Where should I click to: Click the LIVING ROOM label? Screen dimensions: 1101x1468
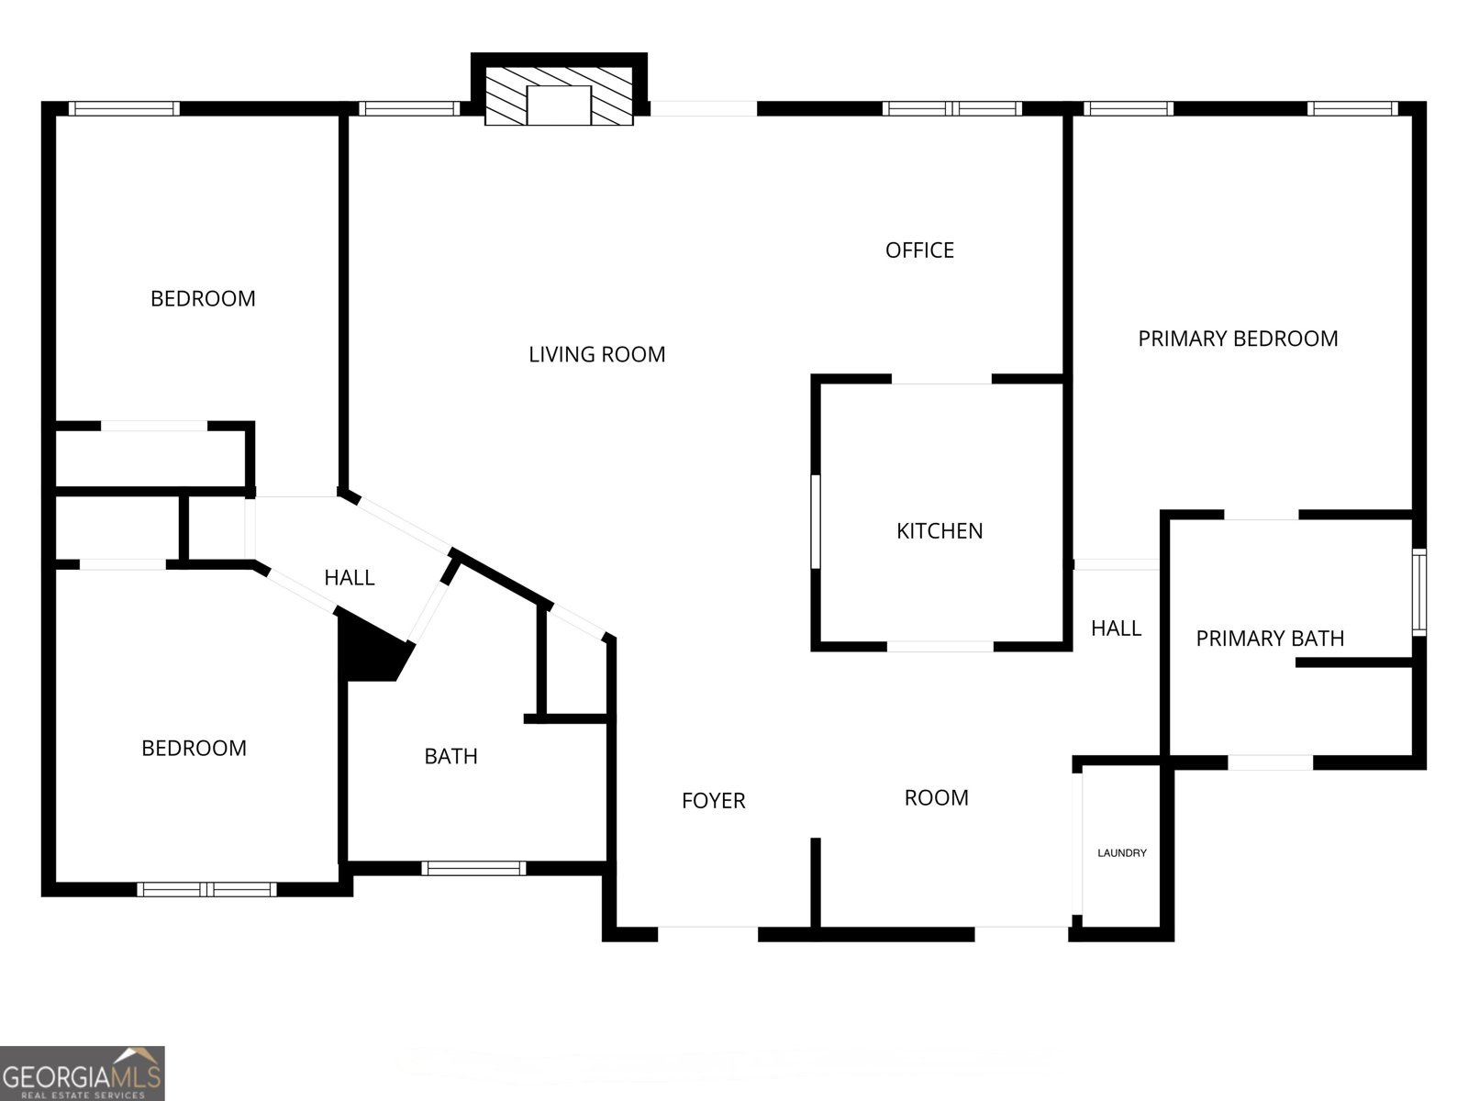tap(596, 354)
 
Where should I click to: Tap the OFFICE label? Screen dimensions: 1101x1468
tap(919, 250)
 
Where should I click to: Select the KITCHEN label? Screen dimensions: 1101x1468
tap(940, 531)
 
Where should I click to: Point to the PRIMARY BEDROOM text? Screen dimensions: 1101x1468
tap(1238, 339)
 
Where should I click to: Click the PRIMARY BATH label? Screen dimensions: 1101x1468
tap(1270, 639)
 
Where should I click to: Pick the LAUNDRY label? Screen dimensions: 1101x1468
tap(1122, 853)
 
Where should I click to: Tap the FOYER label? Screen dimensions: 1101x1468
tap(713, 801)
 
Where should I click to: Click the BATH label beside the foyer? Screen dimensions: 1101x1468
tap(450, 756)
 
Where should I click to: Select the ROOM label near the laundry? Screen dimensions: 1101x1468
tap(936, 798)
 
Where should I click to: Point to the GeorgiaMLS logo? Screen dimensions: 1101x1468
tap(82, 1073)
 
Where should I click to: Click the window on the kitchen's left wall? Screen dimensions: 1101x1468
tap(816, 521)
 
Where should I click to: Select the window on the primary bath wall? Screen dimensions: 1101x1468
tap(1418, 592)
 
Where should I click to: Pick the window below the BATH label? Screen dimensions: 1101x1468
tap(473, 868)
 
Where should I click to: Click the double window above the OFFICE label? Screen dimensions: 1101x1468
tap(951, 108)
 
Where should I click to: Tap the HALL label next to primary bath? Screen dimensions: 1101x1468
tap(1116, 628)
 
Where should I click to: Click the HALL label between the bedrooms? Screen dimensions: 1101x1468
tap(350, 577)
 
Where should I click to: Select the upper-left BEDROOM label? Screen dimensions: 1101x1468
tap(203, 299)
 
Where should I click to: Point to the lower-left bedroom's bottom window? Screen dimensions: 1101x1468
tap(206, 889)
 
